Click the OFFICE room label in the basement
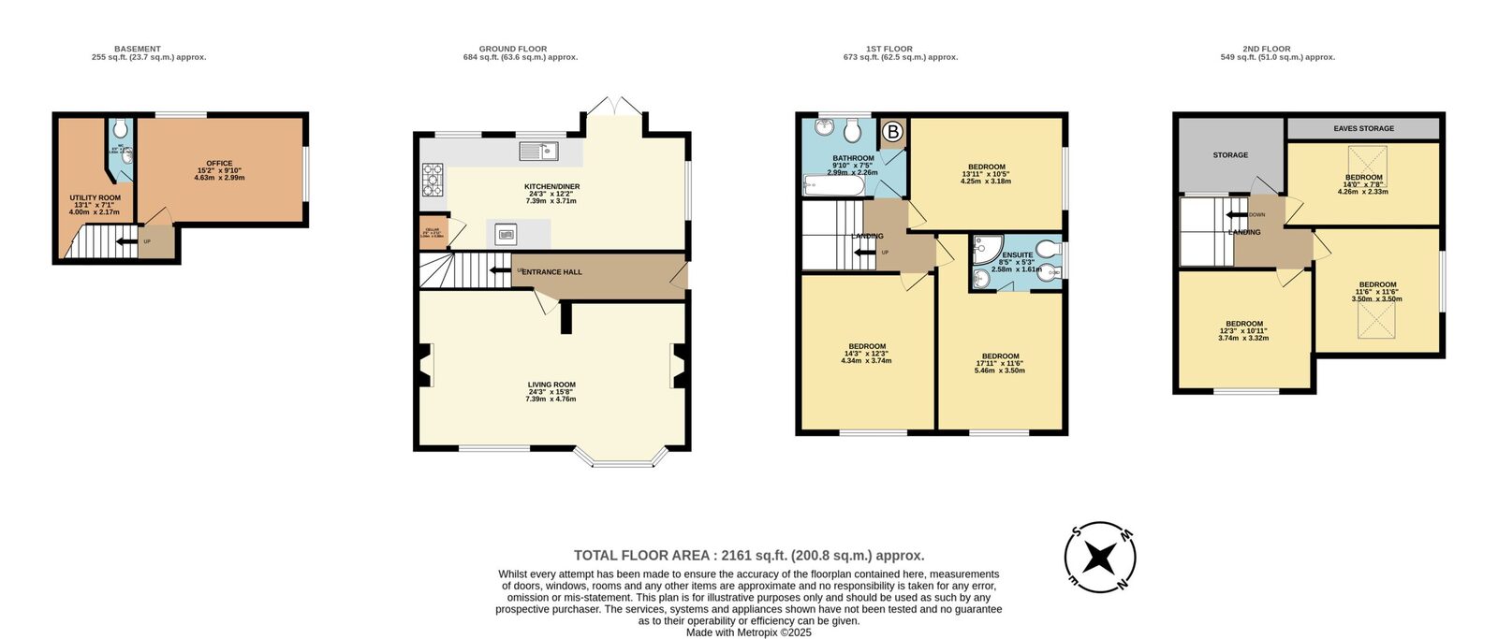219,164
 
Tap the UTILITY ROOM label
95,198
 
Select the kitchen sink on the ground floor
537,151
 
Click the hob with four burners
433,179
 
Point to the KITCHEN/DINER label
551,187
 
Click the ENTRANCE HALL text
551,272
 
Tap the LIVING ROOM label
551,385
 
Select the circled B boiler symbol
892,133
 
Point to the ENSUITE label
1017,255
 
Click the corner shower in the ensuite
986,247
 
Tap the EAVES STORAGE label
1363,128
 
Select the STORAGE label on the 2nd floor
1230,155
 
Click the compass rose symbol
1100,558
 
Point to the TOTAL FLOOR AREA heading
749,556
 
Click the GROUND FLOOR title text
513,49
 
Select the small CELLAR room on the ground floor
433,230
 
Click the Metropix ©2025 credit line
749,632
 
